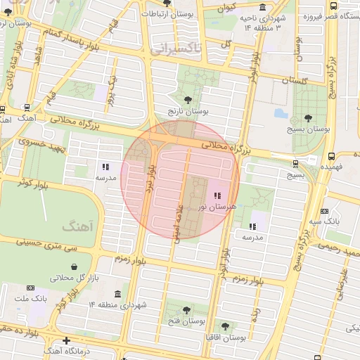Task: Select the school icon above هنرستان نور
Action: (x=216, y=195)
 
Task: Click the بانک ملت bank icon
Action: (x=30, y=288)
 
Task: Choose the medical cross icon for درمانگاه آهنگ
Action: (x=66, y=341)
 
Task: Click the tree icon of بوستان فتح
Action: (x=186, y=309)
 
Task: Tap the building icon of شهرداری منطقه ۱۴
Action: (x=117, y=294)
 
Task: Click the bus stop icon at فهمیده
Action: (x=330, y=156)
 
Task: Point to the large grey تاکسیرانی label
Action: (x=176, y=49)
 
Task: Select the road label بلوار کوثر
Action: (x=32, y=182)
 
